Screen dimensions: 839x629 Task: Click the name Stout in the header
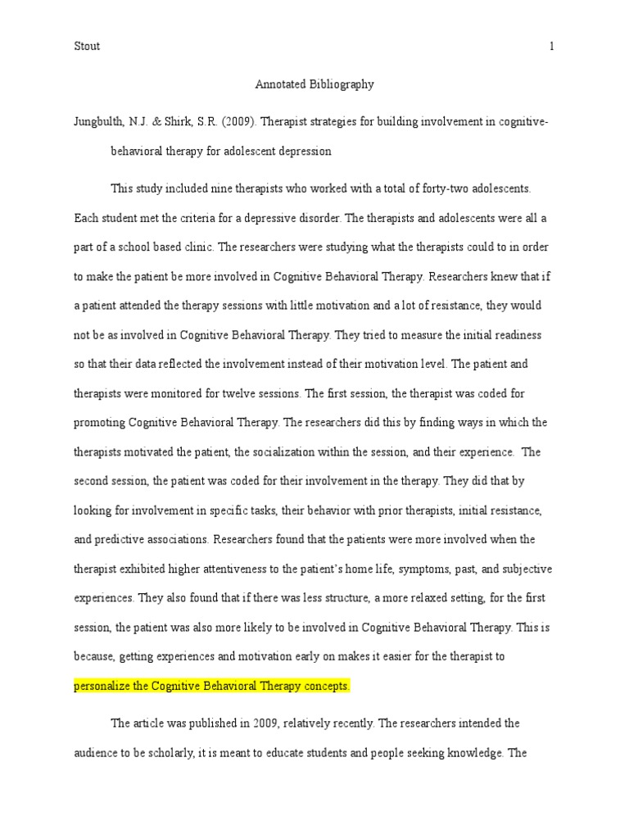(86, 47)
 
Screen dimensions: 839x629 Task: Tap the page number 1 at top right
(552, 47)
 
